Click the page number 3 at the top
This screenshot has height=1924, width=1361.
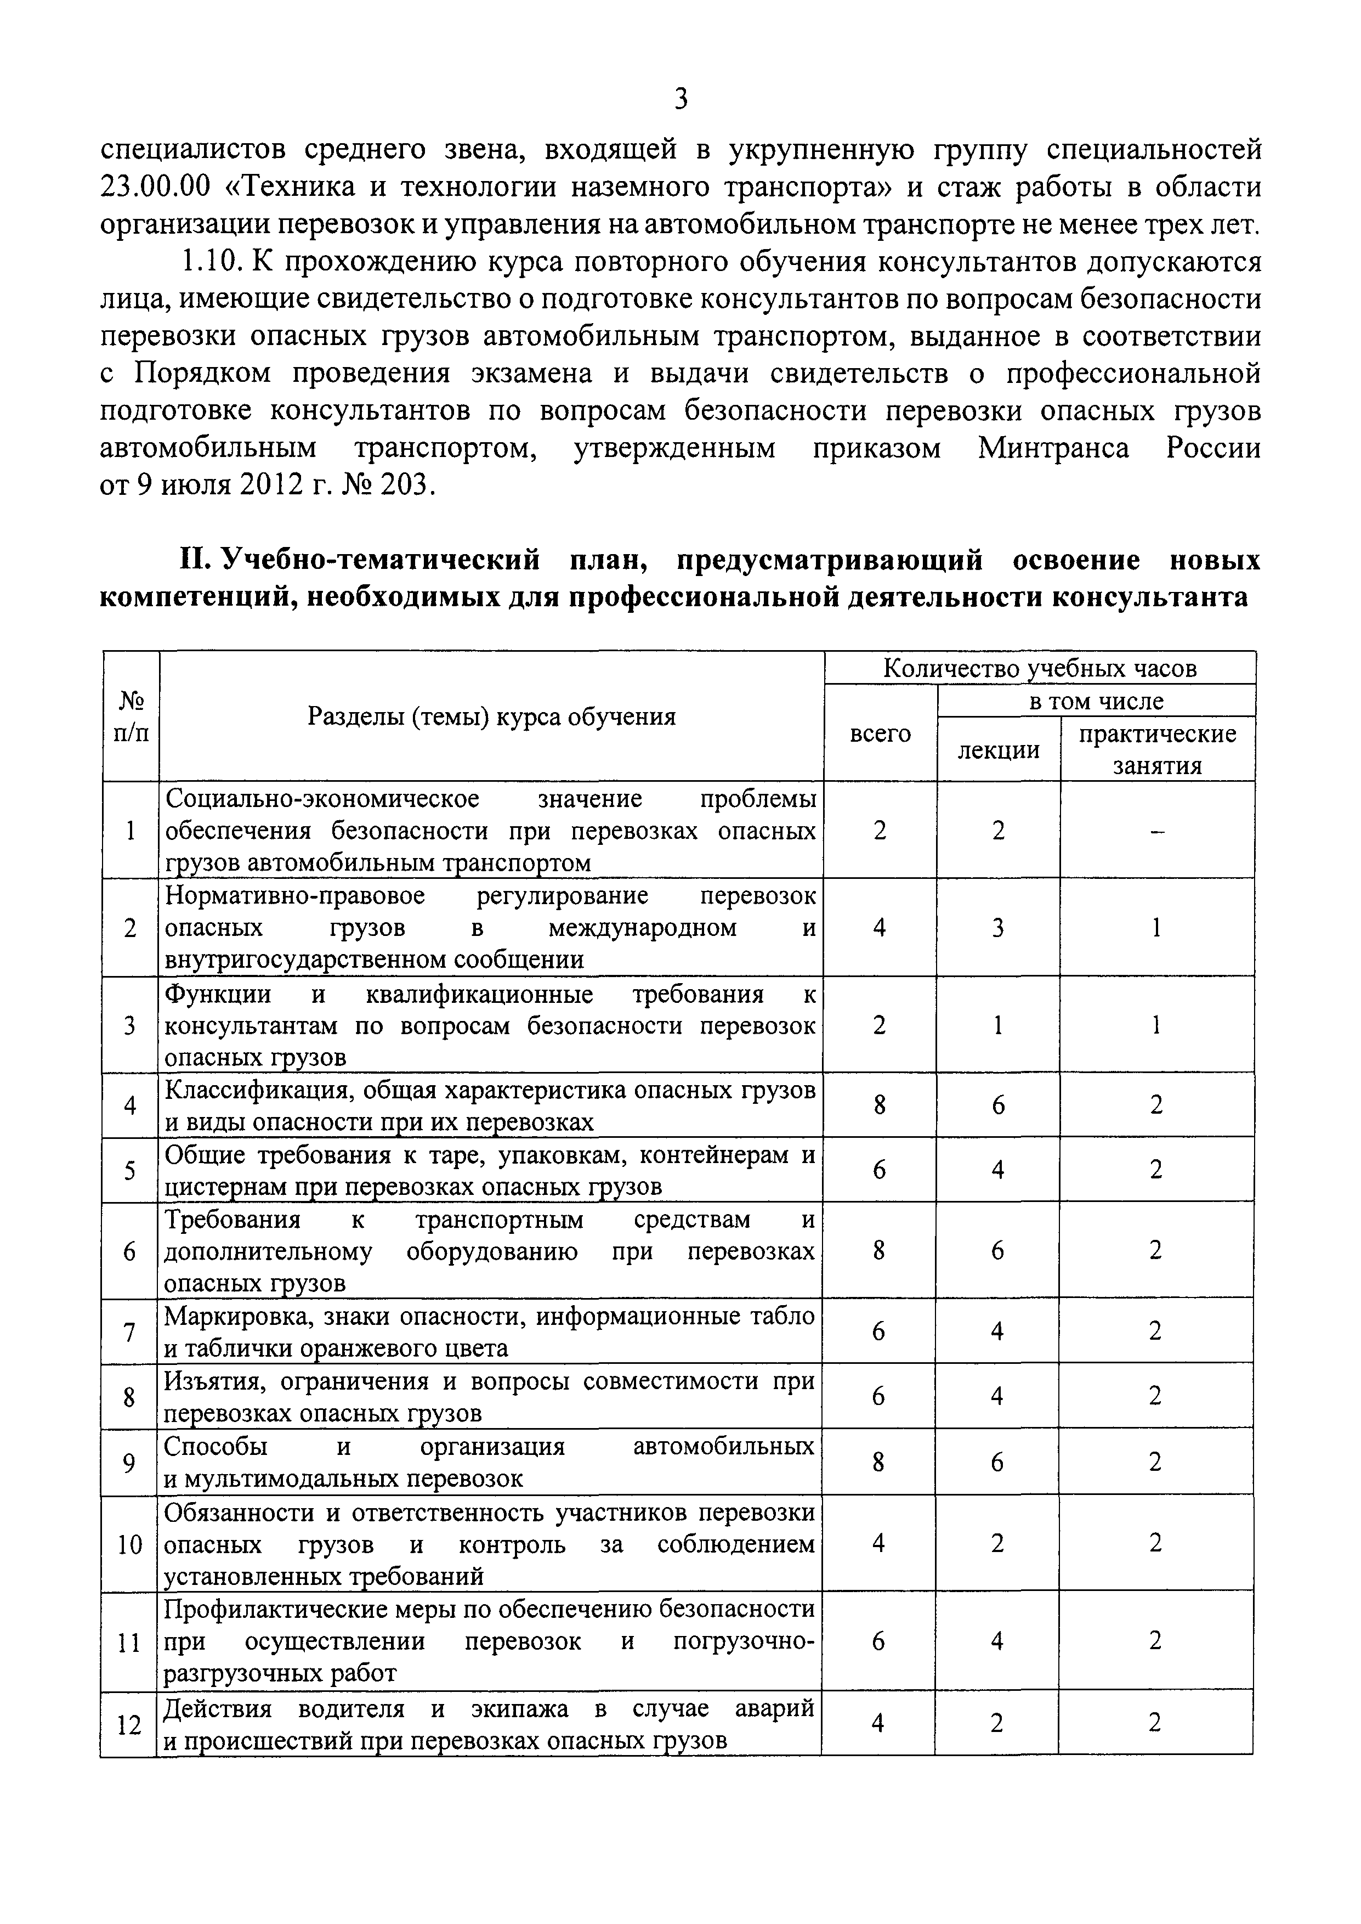[x=680, y=99]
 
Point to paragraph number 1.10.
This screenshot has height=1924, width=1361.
[x=209, y=262]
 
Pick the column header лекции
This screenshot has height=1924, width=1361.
[x=998, y=749]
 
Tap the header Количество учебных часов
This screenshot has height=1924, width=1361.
[x=1040, y=668]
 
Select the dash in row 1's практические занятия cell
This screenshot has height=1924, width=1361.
[x=1158, y=831]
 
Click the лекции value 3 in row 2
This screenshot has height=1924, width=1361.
[x=998, y=928]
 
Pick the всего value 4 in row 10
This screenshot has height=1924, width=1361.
[x=879, y=1543]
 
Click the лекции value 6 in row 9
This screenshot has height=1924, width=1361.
[x=997, y=1463]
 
